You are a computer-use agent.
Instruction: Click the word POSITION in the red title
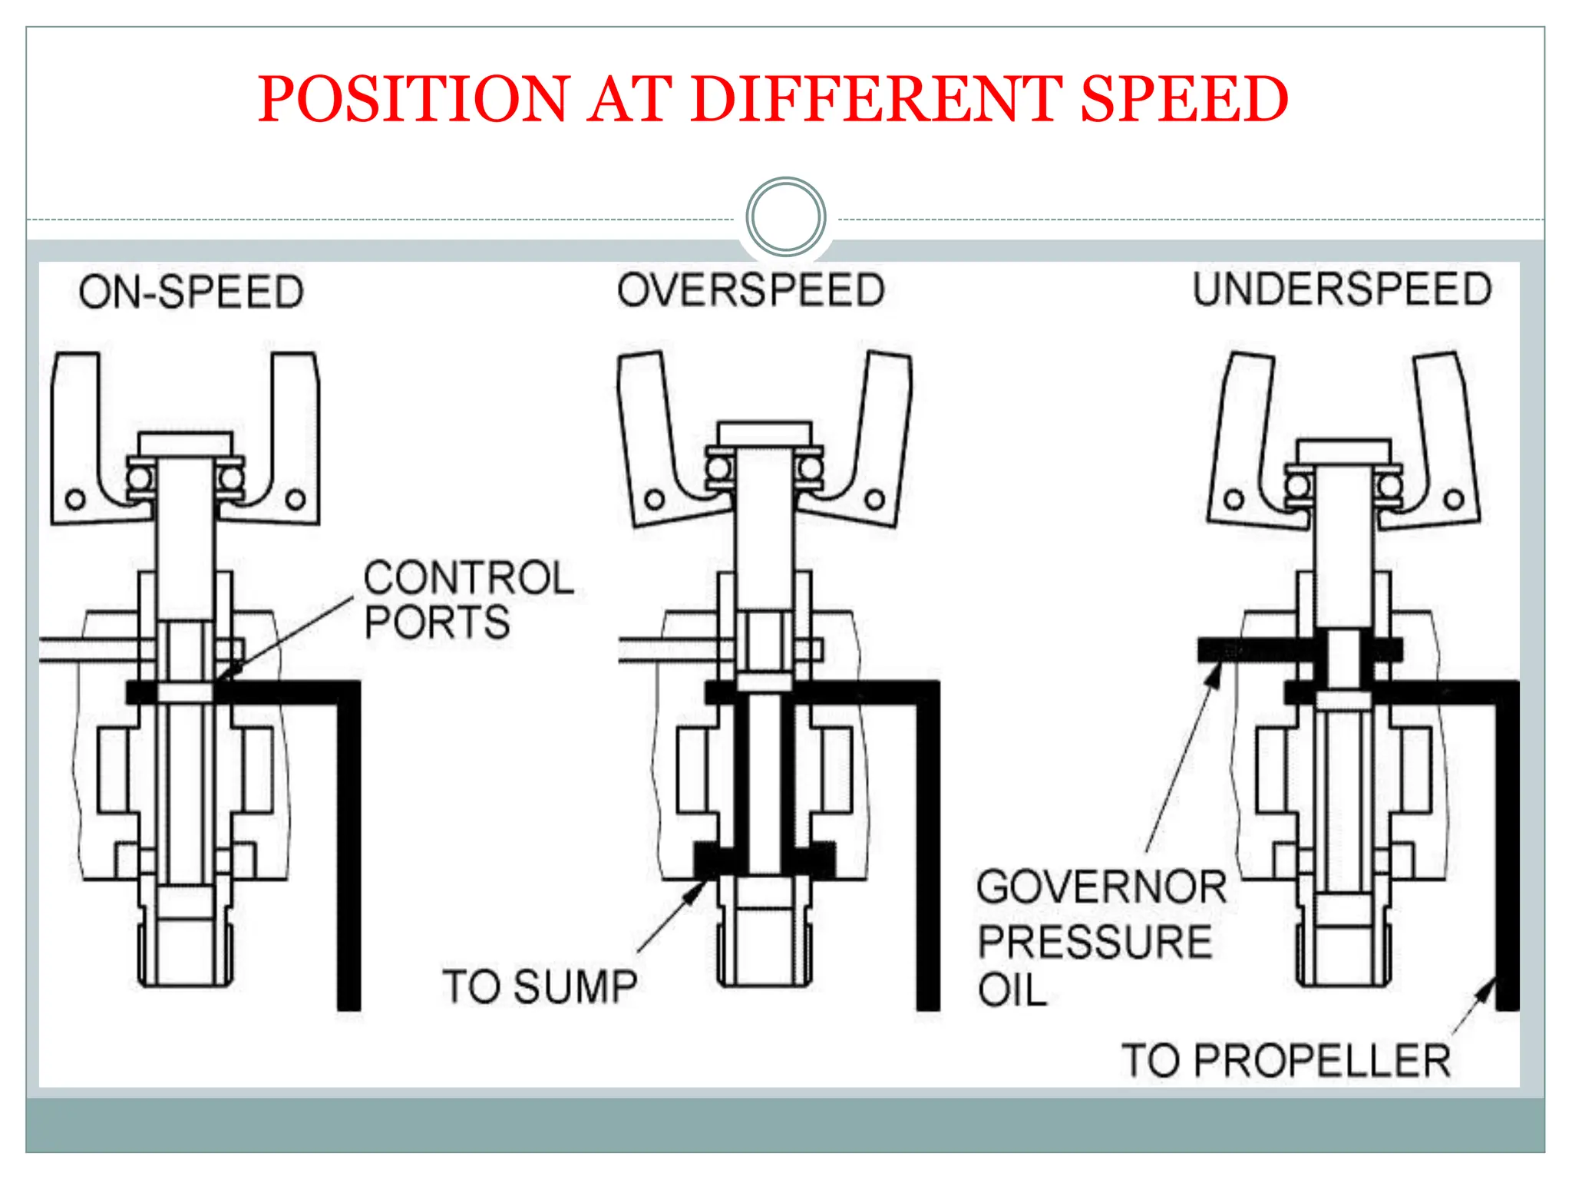tap(414, 100)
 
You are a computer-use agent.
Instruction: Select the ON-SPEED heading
tap(192, 292)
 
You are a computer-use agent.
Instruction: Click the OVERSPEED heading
tap(751, 291)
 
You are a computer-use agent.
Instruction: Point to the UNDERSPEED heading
tap(1342, 290)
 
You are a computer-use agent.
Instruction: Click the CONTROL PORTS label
tap(468, 599)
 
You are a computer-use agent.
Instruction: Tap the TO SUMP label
tap(540, 986)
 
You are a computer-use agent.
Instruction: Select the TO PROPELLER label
tap(1286, 1061)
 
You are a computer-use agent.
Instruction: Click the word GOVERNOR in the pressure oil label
tap(1101, 887)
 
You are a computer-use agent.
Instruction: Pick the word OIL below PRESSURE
tap(1012, 990)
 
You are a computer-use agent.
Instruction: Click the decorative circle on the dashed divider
tap(785, 216)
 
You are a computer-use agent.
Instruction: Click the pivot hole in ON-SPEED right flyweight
tap(296, 500)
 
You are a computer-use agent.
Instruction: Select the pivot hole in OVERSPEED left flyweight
tap(654, 500)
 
